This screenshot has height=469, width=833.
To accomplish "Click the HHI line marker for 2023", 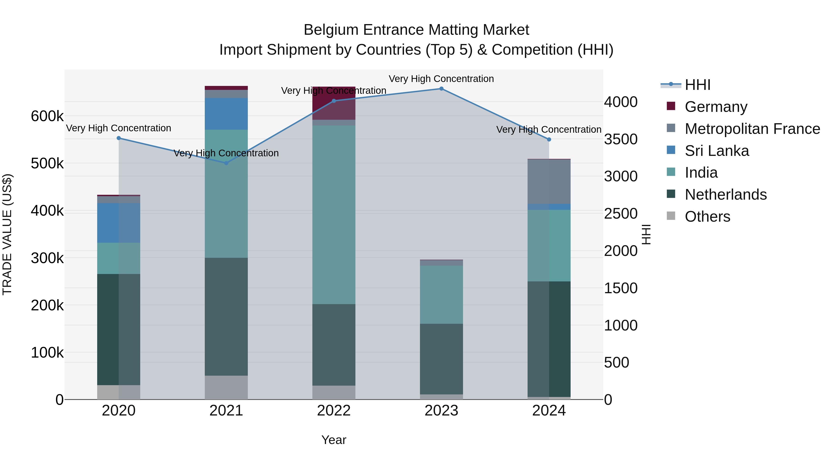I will (441, 89).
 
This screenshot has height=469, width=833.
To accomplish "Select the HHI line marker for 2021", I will (226, 163).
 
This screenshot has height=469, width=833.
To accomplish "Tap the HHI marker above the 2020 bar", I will (119, 138).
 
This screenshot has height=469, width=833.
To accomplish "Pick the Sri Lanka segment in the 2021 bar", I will (226, 114).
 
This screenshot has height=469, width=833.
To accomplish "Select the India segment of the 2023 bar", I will (441, 295).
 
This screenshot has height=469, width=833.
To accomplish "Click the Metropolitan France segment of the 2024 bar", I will (549, 182).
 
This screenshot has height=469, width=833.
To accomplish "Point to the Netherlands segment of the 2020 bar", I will (119, 330).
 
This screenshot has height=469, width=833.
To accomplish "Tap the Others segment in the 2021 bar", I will (226, 387).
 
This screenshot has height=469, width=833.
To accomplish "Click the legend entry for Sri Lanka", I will (717, 151).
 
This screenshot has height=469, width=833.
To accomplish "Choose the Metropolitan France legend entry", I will (752, 129).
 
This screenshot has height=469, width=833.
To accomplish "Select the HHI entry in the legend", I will (697, 85).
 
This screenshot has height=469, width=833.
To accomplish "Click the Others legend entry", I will (707, 217).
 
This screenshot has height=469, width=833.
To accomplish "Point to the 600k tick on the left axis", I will (47, 116).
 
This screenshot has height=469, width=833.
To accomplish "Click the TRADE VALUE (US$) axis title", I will (7, 234).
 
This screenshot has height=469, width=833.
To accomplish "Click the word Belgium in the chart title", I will (331, 30).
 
